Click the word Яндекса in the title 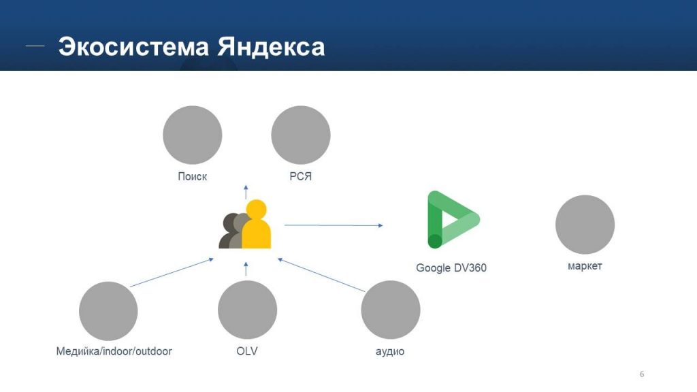(x=271, y=47)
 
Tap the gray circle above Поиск (x=193, y=135)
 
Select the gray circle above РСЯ (x=301, y=135)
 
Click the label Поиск (x=193, y=177)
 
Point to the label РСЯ (x=301, y=177)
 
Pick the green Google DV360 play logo (x=452, y=220)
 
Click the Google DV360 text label (x=451, y=268)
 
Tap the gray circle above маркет (x=585, y=225)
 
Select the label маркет (x=585, y=266)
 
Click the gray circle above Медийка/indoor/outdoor (x=108, y=311)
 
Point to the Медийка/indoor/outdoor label (x=114, y=352)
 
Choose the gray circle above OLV (x=247, y=310)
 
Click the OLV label (x=246, y=352)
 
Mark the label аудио (x=390, y=352)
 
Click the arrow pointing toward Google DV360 (x=334, y=225)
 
